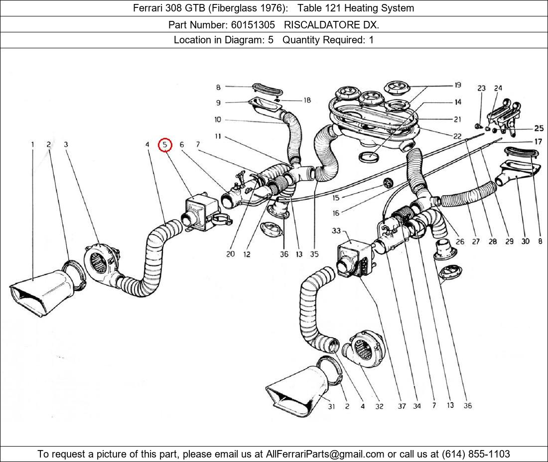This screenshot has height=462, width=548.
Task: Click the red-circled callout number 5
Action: click(165, 145)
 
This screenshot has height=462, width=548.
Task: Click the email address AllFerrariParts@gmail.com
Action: click(325, 454)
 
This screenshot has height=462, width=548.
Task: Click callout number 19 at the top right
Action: click(457, 86)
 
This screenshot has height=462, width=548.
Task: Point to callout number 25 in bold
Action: click(539, 128)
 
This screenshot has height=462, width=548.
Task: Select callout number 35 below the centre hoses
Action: click(314, 254)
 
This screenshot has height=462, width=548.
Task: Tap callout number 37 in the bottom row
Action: click(402, 406)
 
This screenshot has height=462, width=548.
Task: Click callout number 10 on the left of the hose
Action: click(218, 119)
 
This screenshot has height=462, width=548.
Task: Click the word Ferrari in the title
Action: click(149, 8)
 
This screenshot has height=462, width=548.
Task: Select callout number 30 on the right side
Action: click(525, 241)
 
